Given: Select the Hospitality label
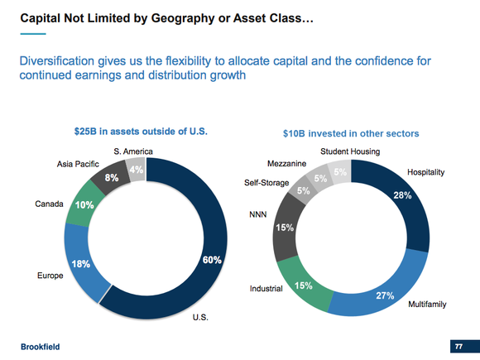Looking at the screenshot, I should pyautogui.click(x=425, y=172).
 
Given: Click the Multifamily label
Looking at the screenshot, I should pyautogui.click(x=427, y=305).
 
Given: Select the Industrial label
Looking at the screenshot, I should pyautogui.click(x=266, y=289).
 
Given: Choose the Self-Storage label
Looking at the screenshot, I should pyautogui.click(x=266, y=182).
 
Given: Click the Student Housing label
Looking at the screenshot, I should pyautogui.click(x=351, y=151).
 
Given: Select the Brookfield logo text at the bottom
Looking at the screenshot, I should pyautogui.click(x=41, y=345).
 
